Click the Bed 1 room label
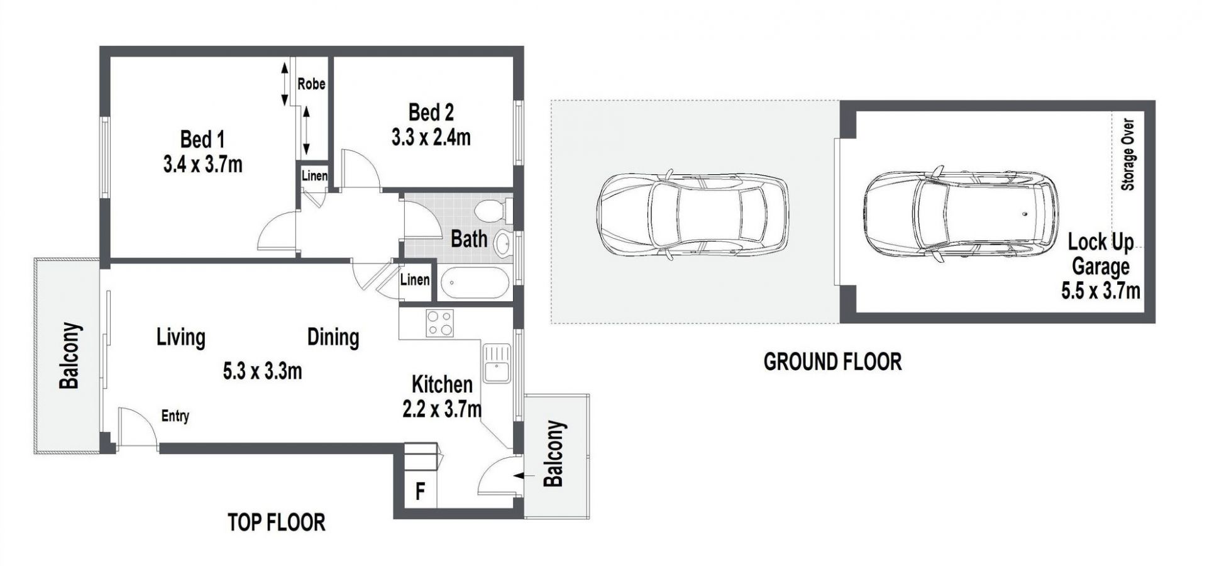point(202,139)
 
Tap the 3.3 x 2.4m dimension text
point(431,137)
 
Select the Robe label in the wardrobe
point(311,84)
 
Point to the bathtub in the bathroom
point(475,283)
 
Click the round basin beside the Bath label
point(503,244)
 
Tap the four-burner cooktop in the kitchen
point(439,324)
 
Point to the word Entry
point(175,416)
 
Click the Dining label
point(333,337)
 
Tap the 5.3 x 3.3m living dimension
point(262,371)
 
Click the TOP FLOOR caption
point(277,522)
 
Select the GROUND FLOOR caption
point(832,362)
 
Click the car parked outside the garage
point(692,214)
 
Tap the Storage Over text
point(1128,154)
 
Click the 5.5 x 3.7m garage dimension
point(1101,291)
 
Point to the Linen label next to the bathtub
point(415,279)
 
